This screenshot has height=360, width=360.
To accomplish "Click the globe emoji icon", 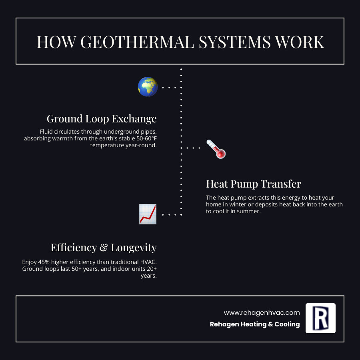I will tap(148, 87).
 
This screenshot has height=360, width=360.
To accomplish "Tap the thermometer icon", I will tap(216, 149).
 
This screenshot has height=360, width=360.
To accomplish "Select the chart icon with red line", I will tap(148, 214).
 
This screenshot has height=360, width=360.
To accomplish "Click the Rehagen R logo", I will tap(320, 318).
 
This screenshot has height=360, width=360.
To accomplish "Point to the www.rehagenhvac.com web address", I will tap(262, 312).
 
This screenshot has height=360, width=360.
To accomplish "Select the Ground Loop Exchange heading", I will tap(102, 119).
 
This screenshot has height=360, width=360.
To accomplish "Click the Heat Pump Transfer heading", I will tap(254, 184).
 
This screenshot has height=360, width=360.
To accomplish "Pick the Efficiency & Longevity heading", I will tap(104, 248).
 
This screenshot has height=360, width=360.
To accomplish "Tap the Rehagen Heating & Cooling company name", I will tap(255, 324).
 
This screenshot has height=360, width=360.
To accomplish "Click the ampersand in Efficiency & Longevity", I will tap(103, 248).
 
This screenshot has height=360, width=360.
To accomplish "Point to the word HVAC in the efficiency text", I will tap(147, 262).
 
